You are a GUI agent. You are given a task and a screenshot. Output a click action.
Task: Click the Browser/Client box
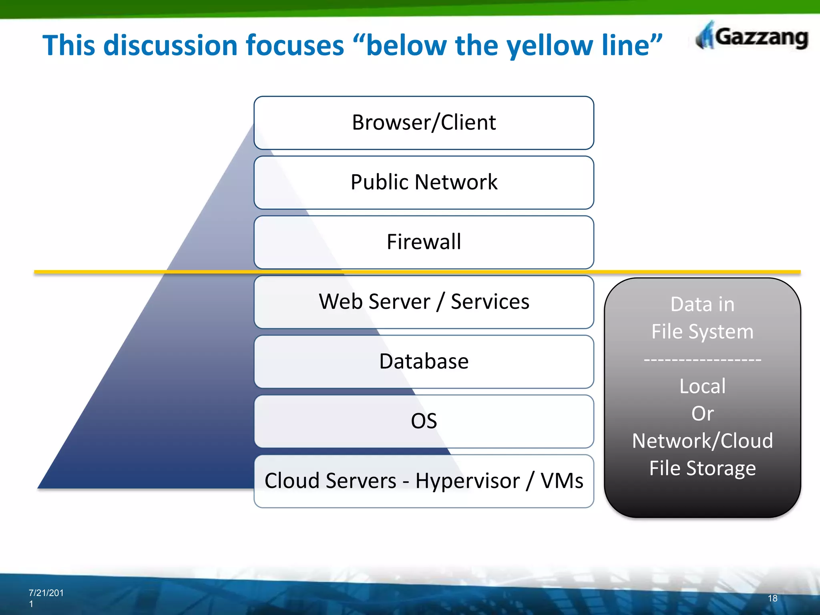pyautogui.click(x=424, y=123)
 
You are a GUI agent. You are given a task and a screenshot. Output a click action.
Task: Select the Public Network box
pyautogui.click(x=424, y=182)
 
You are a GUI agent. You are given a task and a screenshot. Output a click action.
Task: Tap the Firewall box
pyautogui.click(x=424, y=242)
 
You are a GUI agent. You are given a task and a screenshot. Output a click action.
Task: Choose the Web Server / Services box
pyautogui.click(x=424, y=301)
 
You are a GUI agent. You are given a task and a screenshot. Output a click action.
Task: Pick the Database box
pyautogui.click(x=424, y=361)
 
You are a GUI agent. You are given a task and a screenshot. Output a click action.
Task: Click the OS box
pyautogui.click(x=424, y=421)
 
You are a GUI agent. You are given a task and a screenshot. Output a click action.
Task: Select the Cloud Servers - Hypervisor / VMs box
pyautogui.click(x=424, y=481)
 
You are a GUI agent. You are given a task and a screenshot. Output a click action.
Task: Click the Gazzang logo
pyautogui.click(x=752, y=37)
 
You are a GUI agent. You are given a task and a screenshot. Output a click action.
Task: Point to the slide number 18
pyautogui.click(x=772, y=598)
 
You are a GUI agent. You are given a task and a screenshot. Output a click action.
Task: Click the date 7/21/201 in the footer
pyautogui.click(x=46, y=593)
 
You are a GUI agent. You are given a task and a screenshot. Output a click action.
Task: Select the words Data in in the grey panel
pyautogui.click(x=702, y=304)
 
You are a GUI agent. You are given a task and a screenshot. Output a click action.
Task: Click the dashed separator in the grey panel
pyautogui.click(x=702, y=360)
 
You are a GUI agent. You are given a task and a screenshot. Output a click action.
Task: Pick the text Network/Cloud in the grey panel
pyautogui.click(x=702, y=441)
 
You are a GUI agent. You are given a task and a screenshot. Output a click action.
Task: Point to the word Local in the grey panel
pyautogui.click(x=702, y=386)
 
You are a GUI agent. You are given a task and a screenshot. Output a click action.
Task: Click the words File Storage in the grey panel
pyautogui.click(x=702, y=468)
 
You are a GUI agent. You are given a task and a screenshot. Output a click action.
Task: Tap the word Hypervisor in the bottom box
pyautogui.click(x=467, y=481)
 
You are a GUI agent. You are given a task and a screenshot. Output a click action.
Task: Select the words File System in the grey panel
pyautogui.click(x=702, y=332)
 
